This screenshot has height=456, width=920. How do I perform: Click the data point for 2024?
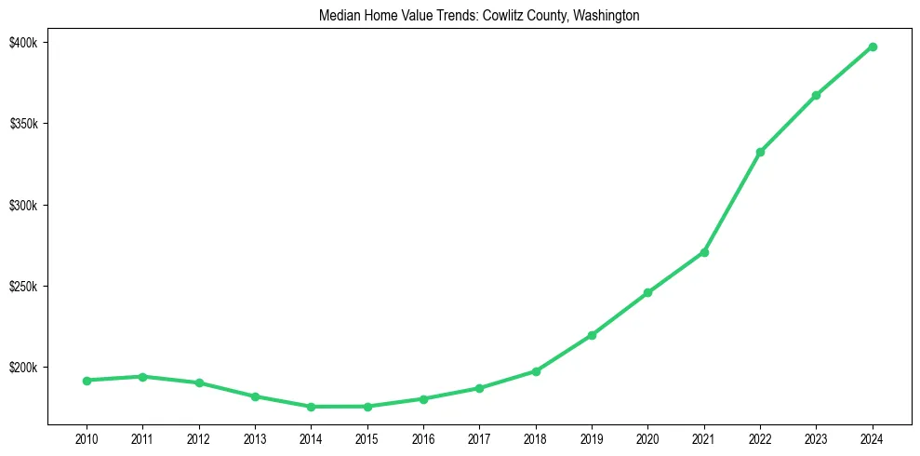point(873,47)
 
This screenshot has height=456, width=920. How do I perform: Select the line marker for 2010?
point(87,381)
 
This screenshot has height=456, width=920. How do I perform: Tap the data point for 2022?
point(760,152)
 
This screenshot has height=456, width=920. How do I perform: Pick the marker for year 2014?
point(311,407)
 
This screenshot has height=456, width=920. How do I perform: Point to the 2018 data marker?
point(536,371)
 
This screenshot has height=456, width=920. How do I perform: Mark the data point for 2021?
point(704,252)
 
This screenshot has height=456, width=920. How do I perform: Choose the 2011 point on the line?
point(142,377)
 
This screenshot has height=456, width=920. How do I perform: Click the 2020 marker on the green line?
point(647,292)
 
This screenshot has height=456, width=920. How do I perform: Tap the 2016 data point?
point(423,399)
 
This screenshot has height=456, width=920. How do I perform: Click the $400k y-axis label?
point(22,44)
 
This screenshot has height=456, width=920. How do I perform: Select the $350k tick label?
point(22,125)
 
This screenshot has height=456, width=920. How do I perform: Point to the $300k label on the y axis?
point(22,206)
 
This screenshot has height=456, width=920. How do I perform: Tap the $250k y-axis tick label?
point(22,287)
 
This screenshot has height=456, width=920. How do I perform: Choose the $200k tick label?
point(22,368)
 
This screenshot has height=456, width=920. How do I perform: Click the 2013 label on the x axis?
point(255,438)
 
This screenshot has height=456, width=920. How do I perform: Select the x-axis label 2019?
point(592,438)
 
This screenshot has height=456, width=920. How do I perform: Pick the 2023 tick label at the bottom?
point(816,438)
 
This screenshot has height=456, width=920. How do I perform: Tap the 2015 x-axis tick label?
point(367,438)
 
